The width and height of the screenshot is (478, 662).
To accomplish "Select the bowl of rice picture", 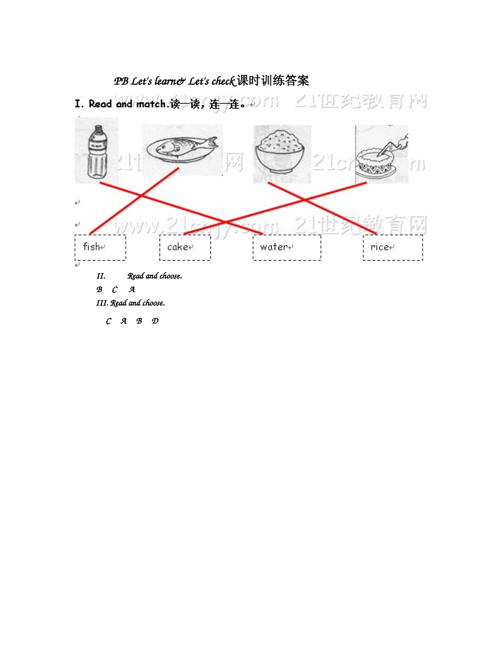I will coord(281,153).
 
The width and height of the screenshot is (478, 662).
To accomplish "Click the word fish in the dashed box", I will coord(92,246).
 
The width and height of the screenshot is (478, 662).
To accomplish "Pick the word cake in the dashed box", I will coord(178,247).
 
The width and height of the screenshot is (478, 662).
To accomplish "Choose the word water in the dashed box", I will coord(274,247).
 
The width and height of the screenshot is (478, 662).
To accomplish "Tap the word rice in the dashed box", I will coord(380,247).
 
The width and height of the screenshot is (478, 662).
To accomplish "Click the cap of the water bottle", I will coord(96,129).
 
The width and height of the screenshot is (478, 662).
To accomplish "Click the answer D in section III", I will coord(155,321).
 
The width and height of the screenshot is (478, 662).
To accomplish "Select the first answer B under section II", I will coord(99,289).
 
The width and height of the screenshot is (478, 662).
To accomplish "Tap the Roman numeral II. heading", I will coord(101,276).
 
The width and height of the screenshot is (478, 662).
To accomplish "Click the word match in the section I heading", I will coord(151,104).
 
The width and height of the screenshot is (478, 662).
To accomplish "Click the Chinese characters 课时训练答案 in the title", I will coord(273,80).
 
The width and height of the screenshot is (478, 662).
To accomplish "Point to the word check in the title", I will coord(223,81).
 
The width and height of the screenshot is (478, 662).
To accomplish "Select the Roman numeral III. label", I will coord(102,303).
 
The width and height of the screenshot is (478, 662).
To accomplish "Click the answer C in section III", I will coord(109,321).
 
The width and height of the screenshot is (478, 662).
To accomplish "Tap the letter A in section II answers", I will coord(132,289).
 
